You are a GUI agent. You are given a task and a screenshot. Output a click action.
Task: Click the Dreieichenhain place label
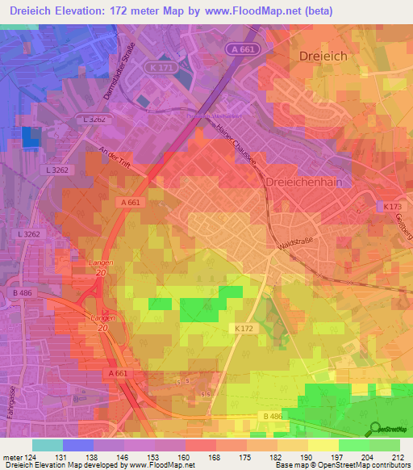pyautogui.click(x=307, y=183)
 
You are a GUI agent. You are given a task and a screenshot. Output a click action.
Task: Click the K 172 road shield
pyautogui.click(x=245, y=329)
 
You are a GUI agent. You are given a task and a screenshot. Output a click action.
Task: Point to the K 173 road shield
pyautogui.click(x=391, y=208)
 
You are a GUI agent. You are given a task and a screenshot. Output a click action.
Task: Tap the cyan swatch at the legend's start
pyautogui.click(x=46, y=445)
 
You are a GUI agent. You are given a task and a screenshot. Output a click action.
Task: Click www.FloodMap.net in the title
pyautogui.click(x=247, y=11)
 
